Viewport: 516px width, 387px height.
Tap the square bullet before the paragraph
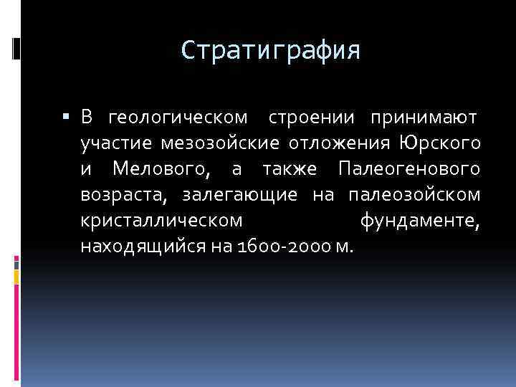click(x=65, y=116)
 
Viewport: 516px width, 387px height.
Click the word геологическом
click(x=177, y=116)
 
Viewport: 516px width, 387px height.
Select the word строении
click(x=312, y=116)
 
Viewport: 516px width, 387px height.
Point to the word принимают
click(x=424, y=116)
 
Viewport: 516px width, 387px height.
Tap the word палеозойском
click(x=414, y=195)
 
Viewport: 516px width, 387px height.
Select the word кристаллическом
click(x=161, y=221)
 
